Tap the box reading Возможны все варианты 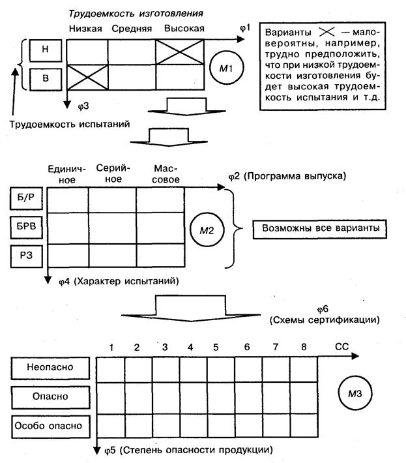319,230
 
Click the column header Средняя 131,29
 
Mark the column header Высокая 184,29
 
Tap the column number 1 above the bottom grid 112,346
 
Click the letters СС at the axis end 341,346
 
